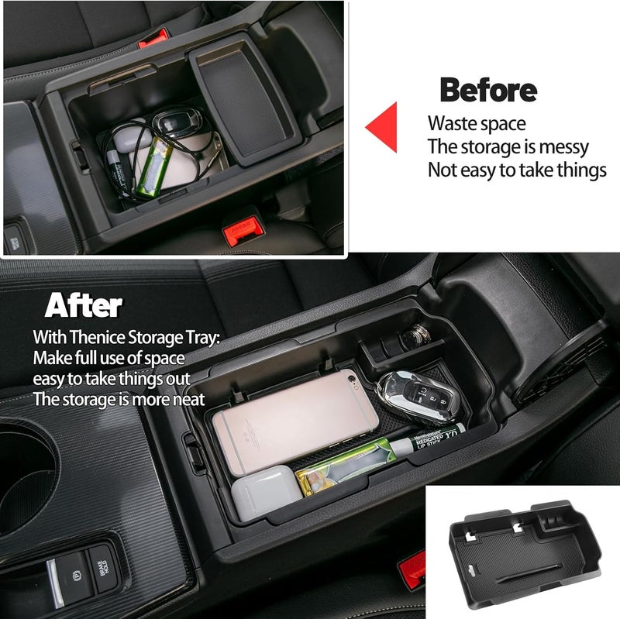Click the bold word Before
coord(487,91)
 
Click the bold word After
coord(84,305)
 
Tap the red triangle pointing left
coord(382,126)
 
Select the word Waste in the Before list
coord(453,123)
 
